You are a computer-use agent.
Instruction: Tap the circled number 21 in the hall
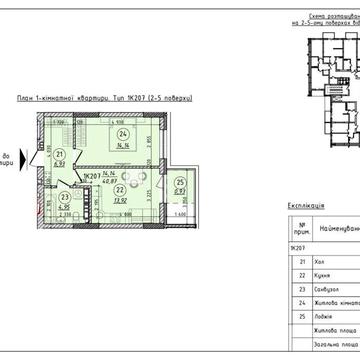[31, 153]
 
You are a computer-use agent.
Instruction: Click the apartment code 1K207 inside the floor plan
[94, 172]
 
